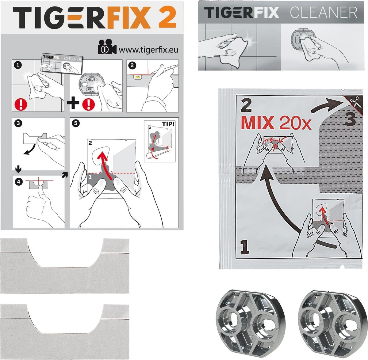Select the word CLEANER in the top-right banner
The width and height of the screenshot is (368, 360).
[324, 13]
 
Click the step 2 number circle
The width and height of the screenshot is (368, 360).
[132, 65]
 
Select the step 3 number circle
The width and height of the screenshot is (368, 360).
[18, 123]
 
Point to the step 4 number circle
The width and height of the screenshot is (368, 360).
[19, 182]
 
